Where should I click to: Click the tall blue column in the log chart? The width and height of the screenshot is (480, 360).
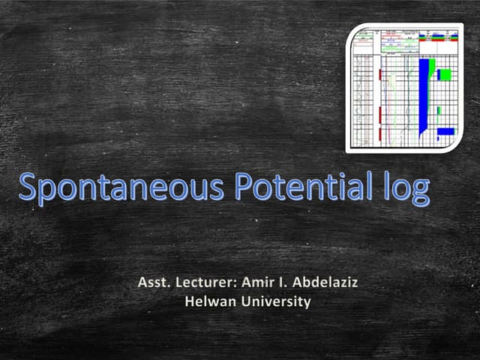tap(425, 94)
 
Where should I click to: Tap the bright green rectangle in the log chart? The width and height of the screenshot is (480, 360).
tap(445, 74)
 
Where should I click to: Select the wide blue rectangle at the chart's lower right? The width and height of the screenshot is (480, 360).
tap(446, 131)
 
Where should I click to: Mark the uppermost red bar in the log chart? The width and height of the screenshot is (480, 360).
tap(381, 74)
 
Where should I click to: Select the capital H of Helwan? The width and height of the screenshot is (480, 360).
tap(189, 302)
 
